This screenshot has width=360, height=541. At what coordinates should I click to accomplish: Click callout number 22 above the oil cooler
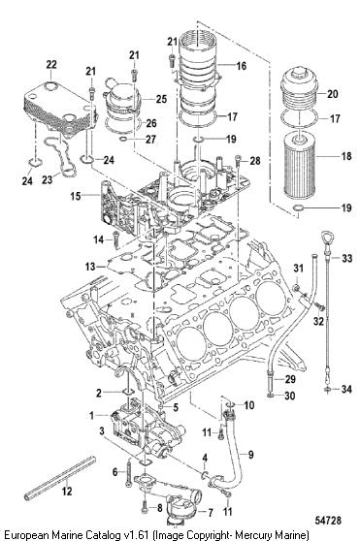(x=51, y=65)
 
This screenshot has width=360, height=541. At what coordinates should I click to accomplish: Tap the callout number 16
(x=242, y=66)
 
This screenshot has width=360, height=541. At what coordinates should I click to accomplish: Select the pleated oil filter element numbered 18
(x=299, y=168)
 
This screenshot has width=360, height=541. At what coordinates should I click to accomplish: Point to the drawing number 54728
(x=328, y=520)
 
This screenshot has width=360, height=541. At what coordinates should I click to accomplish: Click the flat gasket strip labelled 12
(x=60, y=478)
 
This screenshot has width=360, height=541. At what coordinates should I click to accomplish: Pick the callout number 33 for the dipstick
(x=346, y=258)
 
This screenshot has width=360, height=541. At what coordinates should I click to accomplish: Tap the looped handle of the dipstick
(x=326, y=239)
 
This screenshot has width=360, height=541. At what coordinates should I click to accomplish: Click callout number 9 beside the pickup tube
(x=250, y=455)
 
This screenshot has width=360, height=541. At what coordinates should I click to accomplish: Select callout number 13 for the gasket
(x=90, y=267)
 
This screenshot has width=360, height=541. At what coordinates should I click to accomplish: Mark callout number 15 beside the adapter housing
(x=76, y=196)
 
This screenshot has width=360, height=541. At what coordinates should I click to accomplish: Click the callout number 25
(x=161, y=99)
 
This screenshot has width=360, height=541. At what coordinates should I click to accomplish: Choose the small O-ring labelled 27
(x=123, y=139)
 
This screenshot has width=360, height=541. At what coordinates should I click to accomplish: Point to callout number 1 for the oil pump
(x=91, y=415)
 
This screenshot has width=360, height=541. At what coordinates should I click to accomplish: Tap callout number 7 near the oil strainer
(x=210, y=513)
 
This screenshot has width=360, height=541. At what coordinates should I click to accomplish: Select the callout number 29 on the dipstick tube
(x=290, y=379)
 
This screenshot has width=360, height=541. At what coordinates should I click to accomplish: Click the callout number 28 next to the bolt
(x=255, y=160)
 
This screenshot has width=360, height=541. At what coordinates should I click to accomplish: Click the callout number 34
(x=346, y=389)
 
